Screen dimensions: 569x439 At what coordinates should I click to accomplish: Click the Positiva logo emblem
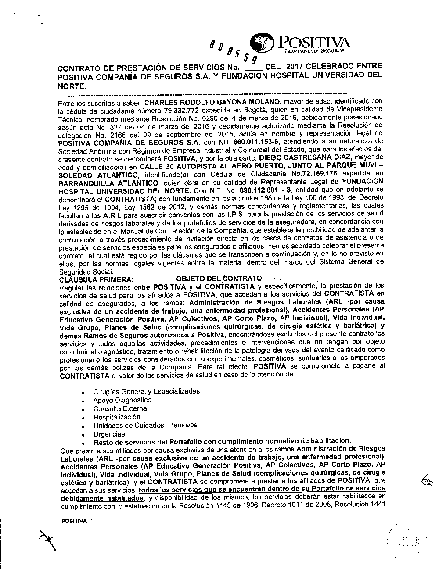click(261, 45)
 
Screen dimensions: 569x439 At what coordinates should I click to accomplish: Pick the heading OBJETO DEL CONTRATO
click(219, 279)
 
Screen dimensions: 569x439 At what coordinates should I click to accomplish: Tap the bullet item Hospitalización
click(116, 417)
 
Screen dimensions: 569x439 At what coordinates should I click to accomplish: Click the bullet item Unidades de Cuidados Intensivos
click(145, 425)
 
